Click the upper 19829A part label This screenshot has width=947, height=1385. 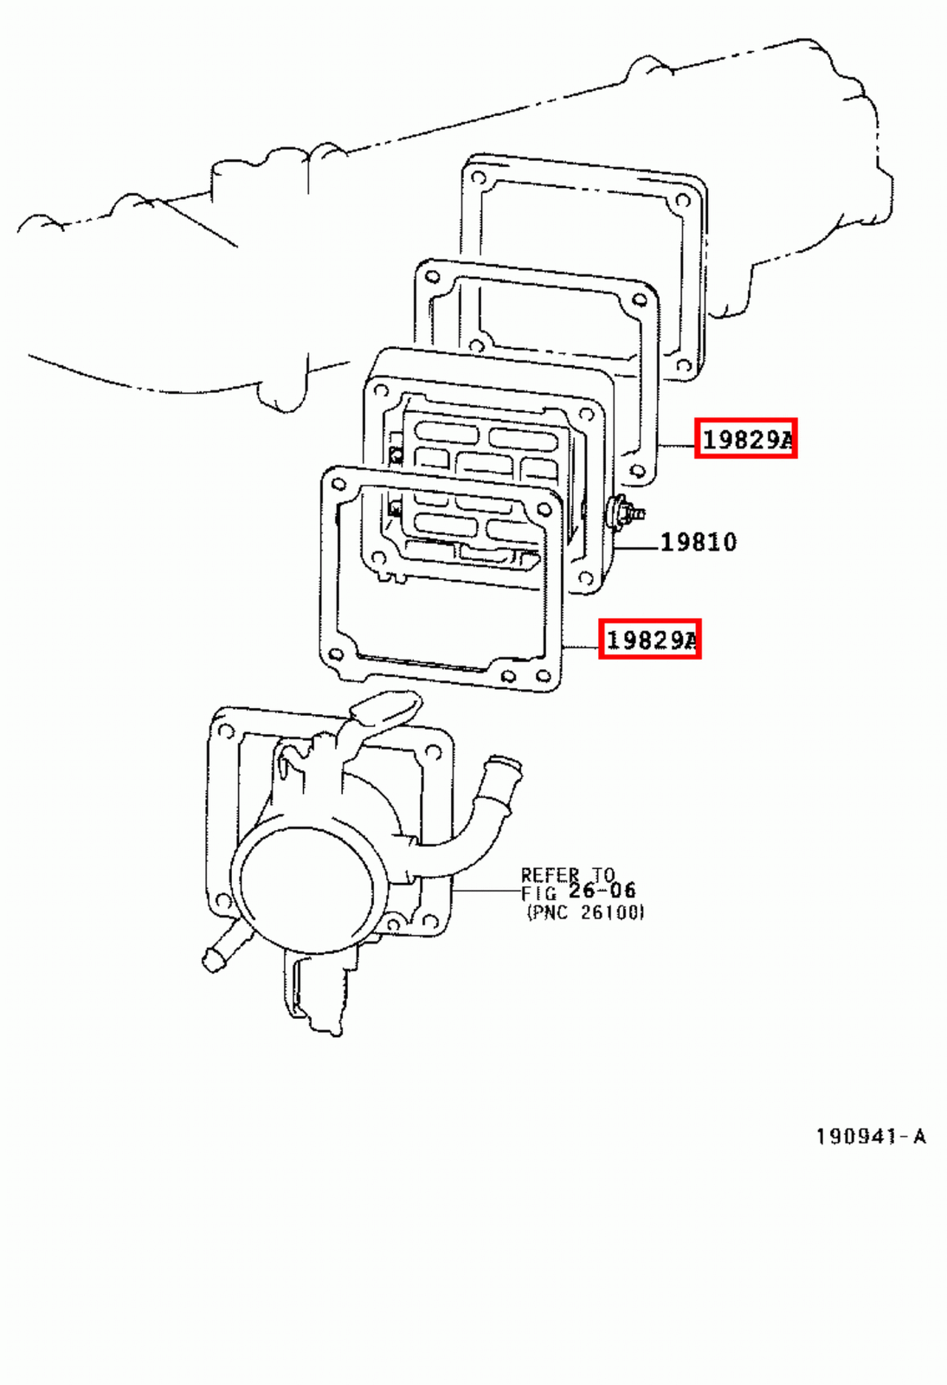pos(745,439)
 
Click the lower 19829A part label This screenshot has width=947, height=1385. pos(649,639)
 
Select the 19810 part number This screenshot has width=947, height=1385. pos(699,543)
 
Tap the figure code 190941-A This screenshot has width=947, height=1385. pos(871,1136)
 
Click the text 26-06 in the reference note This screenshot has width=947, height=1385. pos(602,891)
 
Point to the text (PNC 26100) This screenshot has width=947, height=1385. pos(586,912)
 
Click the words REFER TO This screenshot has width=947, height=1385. pos(567,874)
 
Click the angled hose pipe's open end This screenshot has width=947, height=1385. pos(504,767)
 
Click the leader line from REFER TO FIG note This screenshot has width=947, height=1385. pos(486,890)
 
